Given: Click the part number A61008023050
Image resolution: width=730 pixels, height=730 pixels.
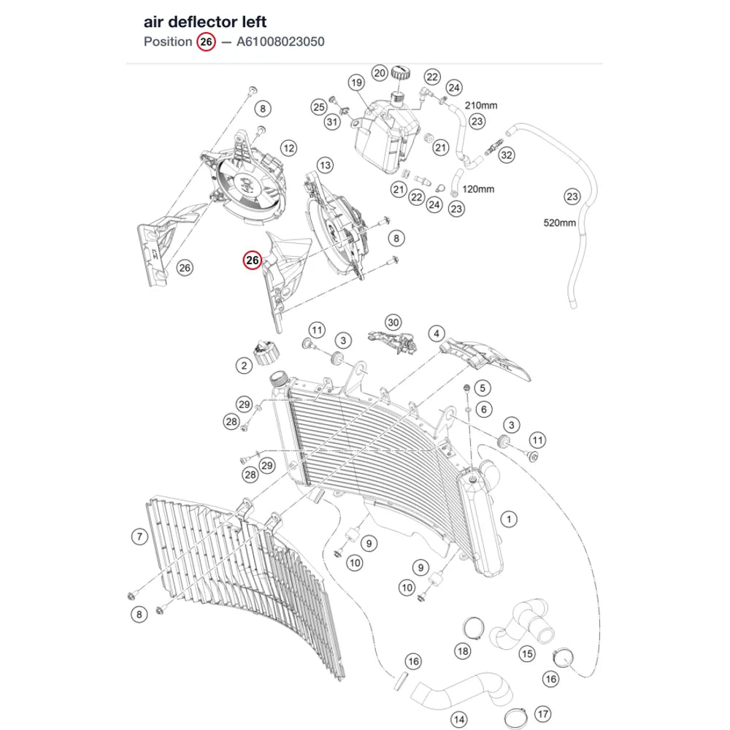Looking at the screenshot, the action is [x=280, y=42].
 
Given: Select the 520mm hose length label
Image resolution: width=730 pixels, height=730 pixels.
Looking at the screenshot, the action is [x=560, y=223].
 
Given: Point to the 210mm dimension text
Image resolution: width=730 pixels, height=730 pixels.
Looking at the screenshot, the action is [x=481, y=106].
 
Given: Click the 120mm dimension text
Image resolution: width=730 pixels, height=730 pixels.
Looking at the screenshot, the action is [x=478, y=190].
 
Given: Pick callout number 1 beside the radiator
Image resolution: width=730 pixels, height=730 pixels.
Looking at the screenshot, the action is [x=509, y=519].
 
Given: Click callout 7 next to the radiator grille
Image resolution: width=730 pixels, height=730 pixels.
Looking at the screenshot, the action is [x=139, y=537].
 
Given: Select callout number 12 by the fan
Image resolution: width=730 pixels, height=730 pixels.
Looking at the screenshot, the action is [x=288, y=148].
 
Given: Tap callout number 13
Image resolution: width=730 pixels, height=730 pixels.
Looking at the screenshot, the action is [x=325, y=165].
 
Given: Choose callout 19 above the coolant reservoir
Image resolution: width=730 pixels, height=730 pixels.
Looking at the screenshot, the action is [x=357, y=83].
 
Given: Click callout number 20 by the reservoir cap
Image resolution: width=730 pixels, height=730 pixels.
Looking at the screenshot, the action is [x=380, y=73].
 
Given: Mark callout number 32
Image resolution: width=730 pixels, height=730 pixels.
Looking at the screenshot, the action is [x=507, y=155].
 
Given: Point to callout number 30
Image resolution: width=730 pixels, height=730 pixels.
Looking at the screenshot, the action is [x=393, y=323].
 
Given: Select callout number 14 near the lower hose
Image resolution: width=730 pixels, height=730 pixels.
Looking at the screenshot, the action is [x=459, y=719].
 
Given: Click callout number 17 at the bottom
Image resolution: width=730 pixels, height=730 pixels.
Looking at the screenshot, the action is [x=543, y=714].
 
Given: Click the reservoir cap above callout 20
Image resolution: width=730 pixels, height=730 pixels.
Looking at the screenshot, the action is [x=400, y=73].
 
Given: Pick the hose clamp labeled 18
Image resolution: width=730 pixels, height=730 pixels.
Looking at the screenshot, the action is [x=473, y=629].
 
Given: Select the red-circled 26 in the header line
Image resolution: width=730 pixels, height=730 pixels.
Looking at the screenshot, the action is [x=206, y=42].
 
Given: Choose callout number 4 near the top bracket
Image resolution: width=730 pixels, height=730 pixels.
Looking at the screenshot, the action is [x=437, y=334].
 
